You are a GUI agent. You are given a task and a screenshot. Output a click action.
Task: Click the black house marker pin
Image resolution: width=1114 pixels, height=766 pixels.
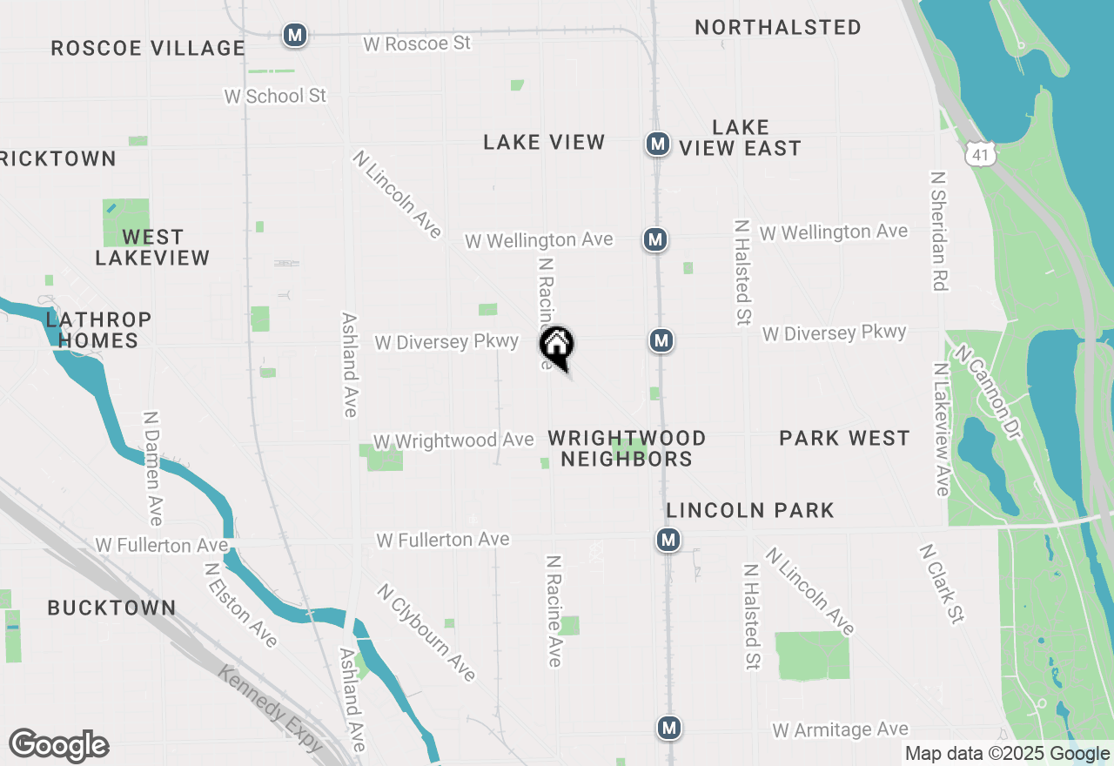click(x=557, y=346)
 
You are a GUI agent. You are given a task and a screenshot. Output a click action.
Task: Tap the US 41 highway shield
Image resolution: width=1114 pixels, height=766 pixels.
click(x=981, y=154)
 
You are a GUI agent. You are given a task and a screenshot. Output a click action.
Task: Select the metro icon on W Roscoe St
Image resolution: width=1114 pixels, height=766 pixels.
click(x=295, y=36)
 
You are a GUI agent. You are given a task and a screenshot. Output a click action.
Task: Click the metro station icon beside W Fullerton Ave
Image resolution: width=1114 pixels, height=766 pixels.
click(x=668, y=541)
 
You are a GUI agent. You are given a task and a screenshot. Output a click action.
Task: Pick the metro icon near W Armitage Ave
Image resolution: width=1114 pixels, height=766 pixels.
click(x=668, y=727)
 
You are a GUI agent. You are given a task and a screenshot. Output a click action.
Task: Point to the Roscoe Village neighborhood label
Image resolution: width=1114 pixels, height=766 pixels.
click(x=148, y=48)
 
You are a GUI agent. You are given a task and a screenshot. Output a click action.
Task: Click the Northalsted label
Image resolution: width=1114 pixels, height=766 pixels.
click(x=778, y=28)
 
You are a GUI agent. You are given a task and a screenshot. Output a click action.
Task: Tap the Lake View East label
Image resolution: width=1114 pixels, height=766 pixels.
click(x=740, y=138)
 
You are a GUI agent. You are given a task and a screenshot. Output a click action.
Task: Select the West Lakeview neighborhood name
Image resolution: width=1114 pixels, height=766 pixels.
click(x=152, y=247)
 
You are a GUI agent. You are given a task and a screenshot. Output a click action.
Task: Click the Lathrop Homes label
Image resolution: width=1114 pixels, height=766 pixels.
click(x=98, y=330)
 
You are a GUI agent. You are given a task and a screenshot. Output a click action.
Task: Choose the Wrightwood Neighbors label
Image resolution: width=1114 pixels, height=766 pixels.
click(x=627, y=448)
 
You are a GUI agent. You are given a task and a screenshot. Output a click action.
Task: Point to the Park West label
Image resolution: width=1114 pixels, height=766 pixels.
click(x=844, y=438)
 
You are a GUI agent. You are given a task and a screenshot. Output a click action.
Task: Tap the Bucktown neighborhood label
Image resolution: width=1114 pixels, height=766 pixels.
click(x=111, y=608)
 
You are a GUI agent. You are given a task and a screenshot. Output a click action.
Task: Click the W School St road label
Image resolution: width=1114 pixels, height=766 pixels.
click(x=275, y=96)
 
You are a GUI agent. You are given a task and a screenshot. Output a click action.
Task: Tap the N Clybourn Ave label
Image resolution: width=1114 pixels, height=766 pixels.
click(x=426, y=633)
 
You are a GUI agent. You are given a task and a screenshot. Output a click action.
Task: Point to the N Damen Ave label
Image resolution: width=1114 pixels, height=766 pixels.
click(x=154, y=469)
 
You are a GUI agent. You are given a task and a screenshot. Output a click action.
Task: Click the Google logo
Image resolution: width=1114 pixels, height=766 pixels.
click(x=59, y=746)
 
